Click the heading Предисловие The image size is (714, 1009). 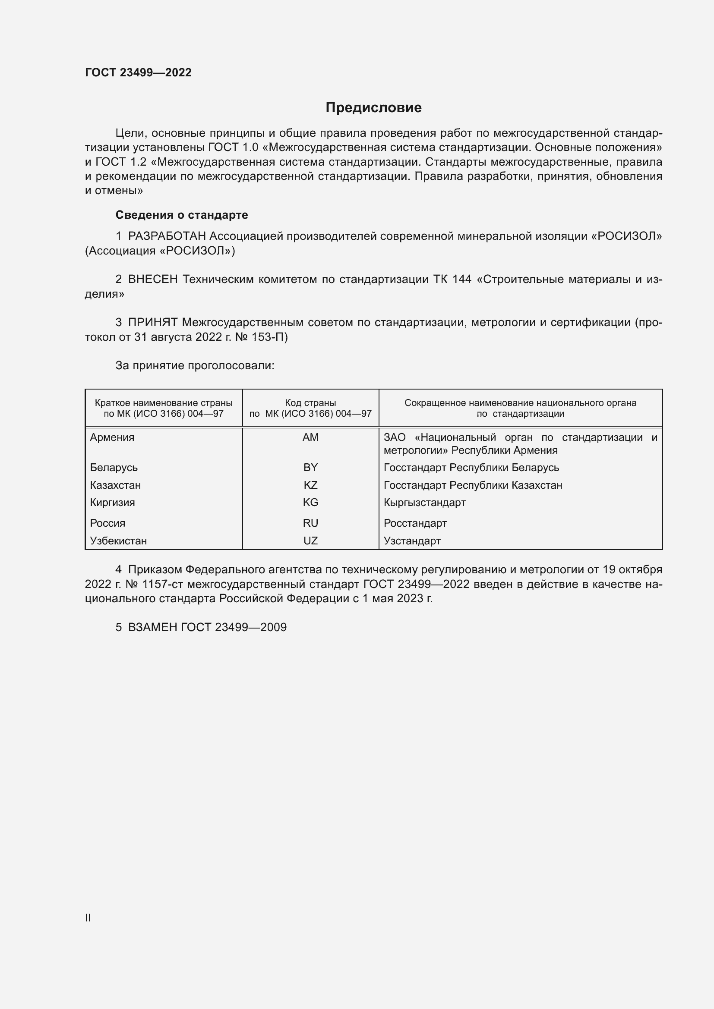click(373, 108)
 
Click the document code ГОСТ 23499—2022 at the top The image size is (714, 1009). click(138, 72)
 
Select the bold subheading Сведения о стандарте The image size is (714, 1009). click(182, 215)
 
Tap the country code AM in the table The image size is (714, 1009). click(310, 437)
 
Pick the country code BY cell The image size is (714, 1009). click(310, 467)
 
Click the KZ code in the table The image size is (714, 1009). click(310, 485)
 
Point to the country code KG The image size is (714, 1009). click(310, 502)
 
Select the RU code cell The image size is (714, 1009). click(310, 523)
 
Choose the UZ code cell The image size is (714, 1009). click(310, 541)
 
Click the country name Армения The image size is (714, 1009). click(112, 437)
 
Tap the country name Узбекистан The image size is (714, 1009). click(118, 541)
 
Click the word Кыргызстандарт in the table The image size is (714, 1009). click(424, 502)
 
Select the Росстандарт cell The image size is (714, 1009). click(415, 523)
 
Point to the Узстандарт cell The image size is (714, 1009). click(412, 541)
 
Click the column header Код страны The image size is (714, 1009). click(310, 402)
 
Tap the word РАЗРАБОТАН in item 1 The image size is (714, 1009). click(167, 236)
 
